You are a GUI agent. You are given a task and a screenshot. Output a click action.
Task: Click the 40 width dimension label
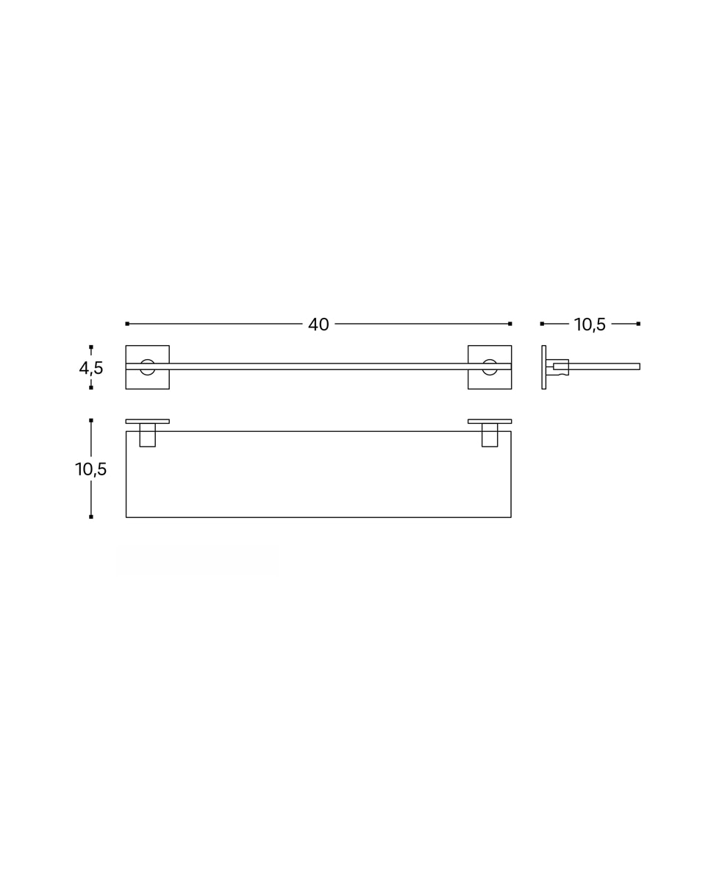[x=318, y=325]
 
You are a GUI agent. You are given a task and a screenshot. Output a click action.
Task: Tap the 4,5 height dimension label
[x=91, y=368]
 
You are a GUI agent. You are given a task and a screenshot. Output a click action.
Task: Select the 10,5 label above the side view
[x=590, y=325]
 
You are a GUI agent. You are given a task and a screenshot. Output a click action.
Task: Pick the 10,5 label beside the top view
[x=90, y=469]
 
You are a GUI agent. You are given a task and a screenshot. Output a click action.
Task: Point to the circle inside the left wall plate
[x=148, y=360]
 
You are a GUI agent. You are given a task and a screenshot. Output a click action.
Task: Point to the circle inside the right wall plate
[x=490, y=360]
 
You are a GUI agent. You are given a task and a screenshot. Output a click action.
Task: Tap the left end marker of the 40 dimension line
[x=127, y=324]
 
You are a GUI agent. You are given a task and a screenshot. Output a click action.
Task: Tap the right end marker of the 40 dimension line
[x=510, y=324]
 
